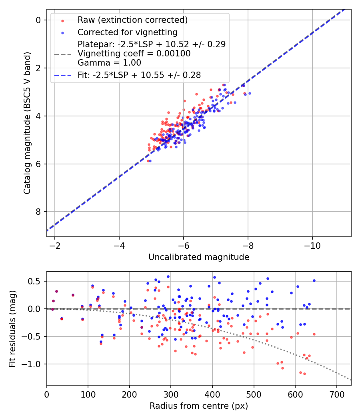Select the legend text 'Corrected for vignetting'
click(x=128, y=32)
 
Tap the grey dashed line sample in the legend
click(x=62, y=53)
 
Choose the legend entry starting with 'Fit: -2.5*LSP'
click(x=139, y=75)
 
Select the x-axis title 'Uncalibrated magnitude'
click(x=199, y=257)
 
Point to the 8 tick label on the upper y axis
click(x=39, y=212)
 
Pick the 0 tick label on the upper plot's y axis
click(x=39, y=20)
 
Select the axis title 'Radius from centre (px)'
click(x=199, y=406)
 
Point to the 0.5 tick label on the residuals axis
click(x=37, y=281)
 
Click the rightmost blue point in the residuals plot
click(x=314, y=280)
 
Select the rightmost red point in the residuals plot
click(x=314, y=334)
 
